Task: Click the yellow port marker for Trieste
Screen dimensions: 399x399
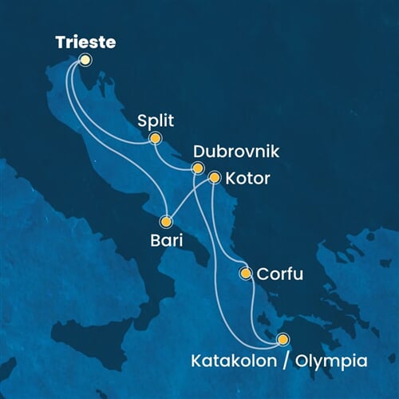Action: pyautogui.click(x=85, y=59)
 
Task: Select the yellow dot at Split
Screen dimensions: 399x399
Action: pyautogui.click(x=155, y=138)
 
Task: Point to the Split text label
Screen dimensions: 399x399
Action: pyautogui.click(x=156, y=120)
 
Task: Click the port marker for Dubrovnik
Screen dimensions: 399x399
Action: pyautogui.click(x=198, y=168)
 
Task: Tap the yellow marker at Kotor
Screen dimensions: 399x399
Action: pyautogui.click(x=214, y=177)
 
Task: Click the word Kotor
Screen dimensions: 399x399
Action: pyautogui.click(x=248, y=178)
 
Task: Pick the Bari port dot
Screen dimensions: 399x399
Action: pyautogui.click(x=167, y=221)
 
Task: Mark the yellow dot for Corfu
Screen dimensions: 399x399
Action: pyautogui.click(x=246, y=274)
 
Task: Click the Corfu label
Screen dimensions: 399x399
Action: pyautogui.click(x=279, y=274)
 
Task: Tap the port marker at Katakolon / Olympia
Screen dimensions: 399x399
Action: pyautogui.click(x=282, y=339)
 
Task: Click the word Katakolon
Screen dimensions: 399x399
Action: pyautogui.click(x=234, y=360)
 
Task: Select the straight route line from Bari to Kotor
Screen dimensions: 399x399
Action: pyautogui.click(x=190, y=199)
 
